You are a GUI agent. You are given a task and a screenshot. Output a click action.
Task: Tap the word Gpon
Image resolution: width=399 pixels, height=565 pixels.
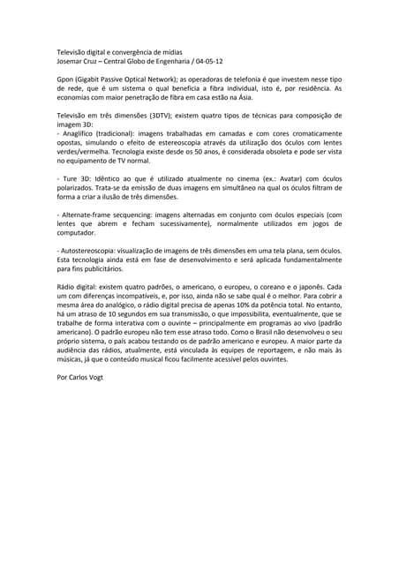65,79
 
